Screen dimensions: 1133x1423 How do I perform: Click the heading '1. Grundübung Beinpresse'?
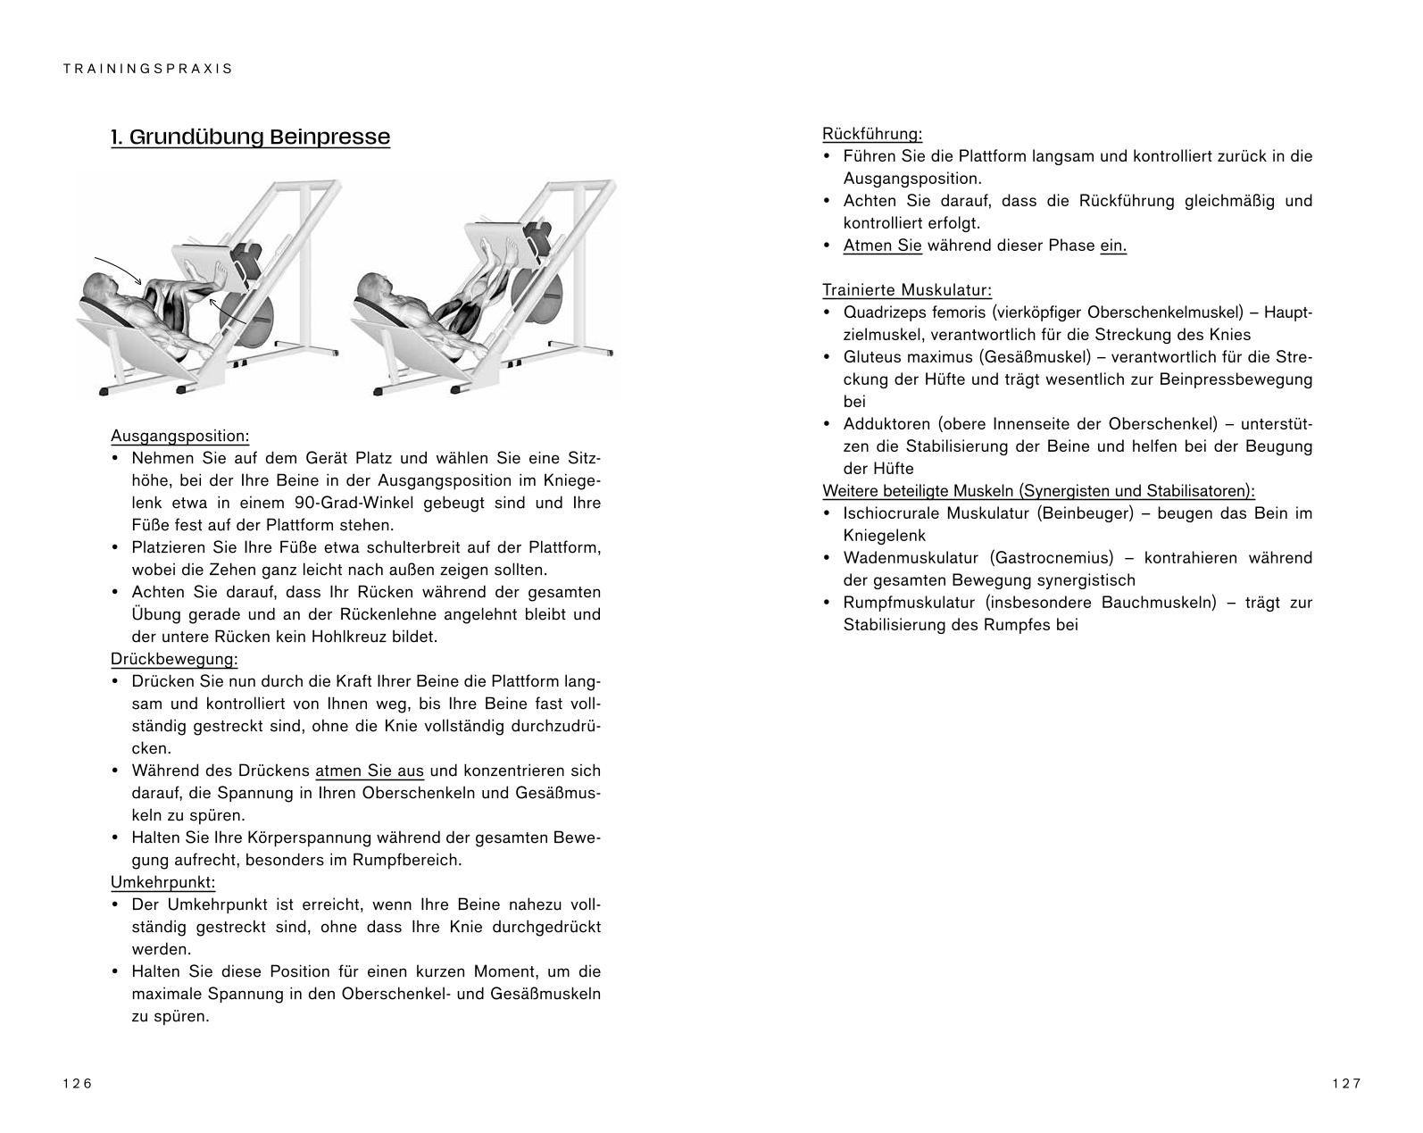pyautogui.click(x=250, y=137)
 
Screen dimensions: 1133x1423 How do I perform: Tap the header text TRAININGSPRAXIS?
pyautogui.click(x=148, y=69)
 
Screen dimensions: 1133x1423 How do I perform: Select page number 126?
pyautogui.click(x=78, y=1083)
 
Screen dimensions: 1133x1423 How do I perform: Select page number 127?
pyautogui.click(x=1346, y=1083)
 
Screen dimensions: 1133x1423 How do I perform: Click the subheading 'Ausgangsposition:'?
pyautogui.click(x=179, y=436)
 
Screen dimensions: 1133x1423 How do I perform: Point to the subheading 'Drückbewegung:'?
pyautogui.click(x=174, y=659)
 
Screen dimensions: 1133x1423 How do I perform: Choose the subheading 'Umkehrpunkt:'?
pyautogui.click(x=162, y=882)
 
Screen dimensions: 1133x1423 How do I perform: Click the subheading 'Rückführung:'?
pyautogui.click(x=871, y=134)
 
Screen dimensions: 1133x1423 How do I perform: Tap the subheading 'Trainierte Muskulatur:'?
pyautogui.click(x=906, y=290)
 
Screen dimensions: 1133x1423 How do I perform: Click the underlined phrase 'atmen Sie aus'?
pyautogui.click(x=370, y=771)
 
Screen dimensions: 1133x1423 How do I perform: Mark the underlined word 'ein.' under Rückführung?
pyautogui.click(x=1112, y=246)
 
